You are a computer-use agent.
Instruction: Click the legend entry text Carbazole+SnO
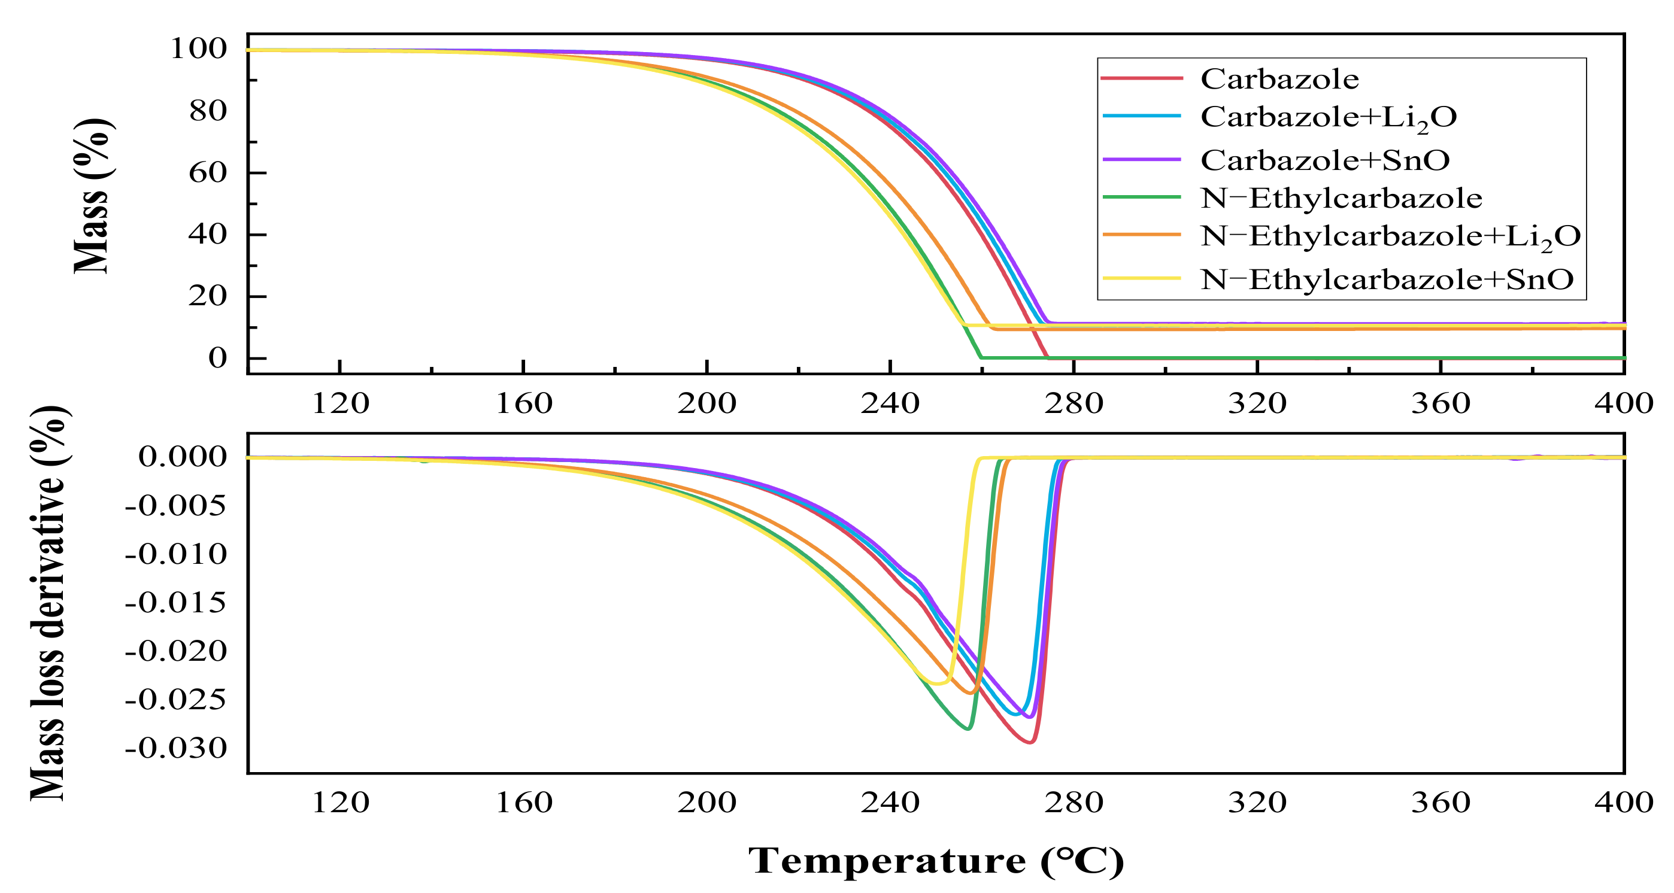tap(1324, 160)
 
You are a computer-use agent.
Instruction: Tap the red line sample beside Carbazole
tap(1142, 78)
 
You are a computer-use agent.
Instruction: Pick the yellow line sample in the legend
tap(1142, 279)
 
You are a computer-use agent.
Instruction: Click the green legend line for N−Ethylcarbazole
tap(1142, 198)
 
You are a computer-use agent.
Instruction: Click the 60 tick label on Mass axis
tap(208, 173)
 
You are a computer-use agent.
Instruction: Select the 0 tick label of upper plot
tap(218, 358)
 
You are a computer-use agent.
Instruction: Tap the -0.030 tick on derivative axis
tap(176, 749)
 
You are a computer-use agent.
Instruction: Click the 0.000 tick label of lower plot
tap(183, 457)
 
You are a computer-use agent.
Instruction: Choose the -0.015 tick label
tap(176, 603)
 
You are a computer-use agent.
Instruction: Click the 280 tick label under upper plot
tap(1073, 404)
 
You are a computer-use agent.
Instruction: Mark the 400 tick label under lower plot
tap(1623, 803)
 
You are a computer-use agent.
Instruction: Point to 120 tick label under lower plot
tap(341, 803)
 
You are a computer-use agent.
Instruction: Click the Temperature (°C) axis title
tap(936, 861)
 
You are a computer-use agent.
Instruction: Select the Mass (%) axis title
tap(92, 196)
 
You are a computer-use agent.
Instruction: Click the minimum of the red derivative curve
tap(1029, 742)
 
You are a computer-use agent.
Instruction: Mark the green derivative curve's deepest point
tap(968, 728)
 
